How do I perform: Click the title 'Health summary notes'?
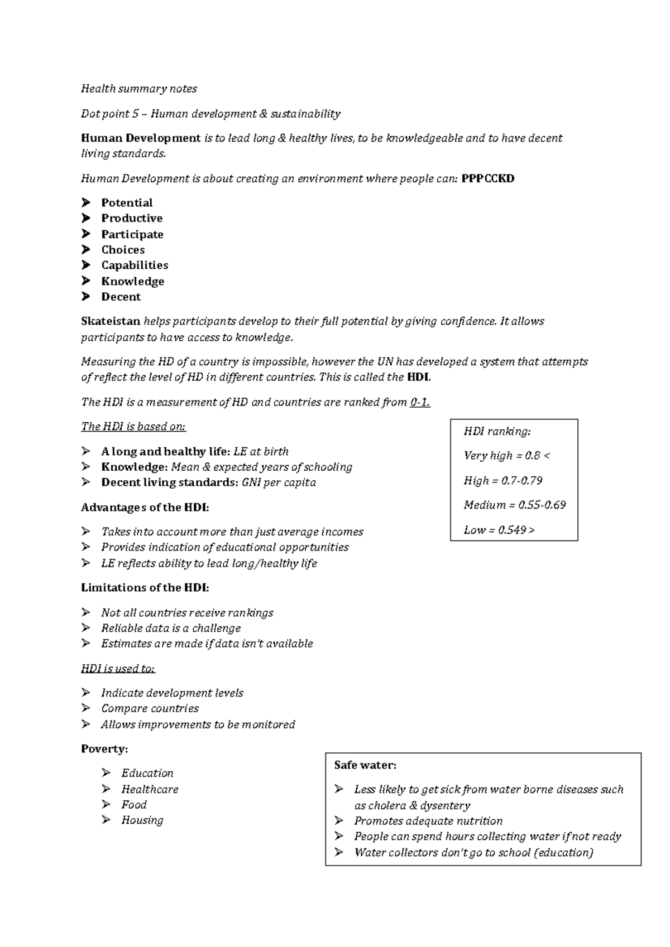click(139, 89)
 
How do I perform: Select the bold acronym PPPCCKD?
click(488, 179)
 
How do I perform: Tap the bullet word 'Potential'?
click(127, 203)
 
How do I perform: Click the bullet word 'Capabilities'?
click(135, 265)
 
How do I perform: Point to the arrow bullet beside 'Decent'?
click(86, 297)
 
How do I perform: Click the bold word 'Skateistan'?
click(111, 321)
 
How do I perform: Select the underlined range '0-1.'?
click(420, 402)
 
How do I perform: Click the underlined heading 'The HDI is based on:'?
click(133, 427)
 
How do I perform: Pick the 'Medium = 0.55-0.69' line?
click(514, 505)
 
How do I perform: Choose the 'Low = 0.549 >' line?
click(499, 530)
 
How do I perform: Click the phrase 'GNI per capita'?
click(279, 482)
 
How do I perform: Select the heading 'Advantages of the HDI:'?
click(145, 508)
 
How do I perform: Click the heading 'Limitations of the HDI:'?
click(145, 588)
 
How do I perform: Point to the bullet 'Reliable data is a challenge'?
click(171, 629)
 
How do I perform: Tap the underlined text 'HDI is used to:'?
click(118, 668)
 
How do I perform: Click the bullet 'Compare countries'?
click(150, 709)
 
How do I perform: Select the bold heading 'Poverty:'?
click(104, 749)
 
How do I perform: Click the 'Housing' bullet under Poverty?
click(142, 820)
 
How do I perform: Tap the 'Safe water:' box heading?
click(365, 766)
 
